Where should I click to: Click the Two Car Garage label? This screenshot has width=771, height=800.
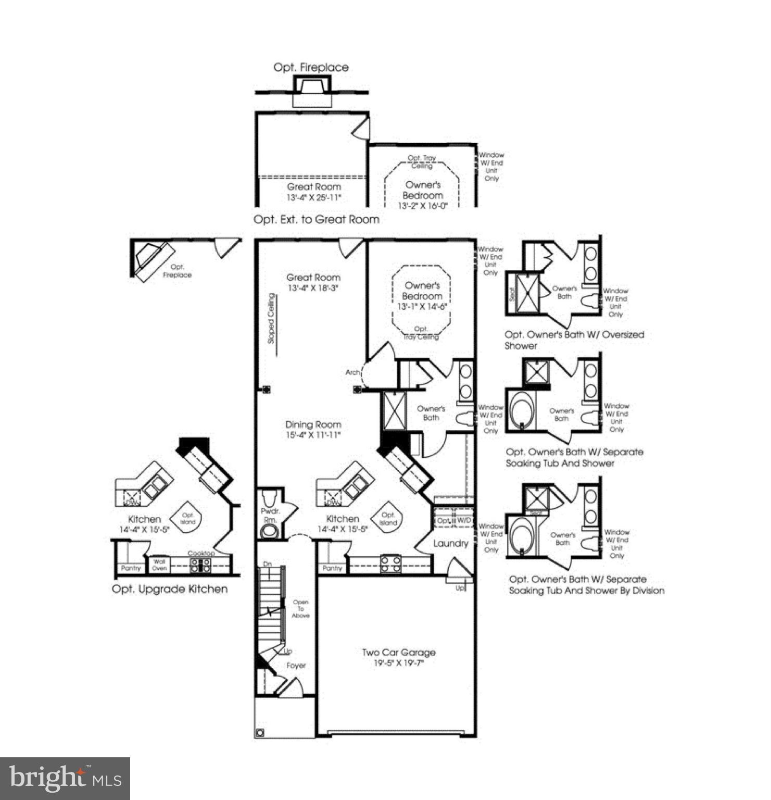[x=398, y=653]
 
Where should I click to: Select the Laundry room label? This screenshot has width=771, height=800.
[x=450, y=543]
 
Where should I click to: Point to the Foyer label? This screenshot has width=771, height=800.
[x=296, y=666]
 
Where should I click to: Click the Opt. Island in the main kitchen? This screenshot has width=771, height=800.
[x=388, y=518]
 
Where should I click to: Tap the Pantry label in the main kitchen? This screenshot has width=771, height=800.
[x=332, y=568]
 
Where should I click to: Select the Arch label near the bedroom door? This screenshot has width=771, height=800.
[x=352, y=372]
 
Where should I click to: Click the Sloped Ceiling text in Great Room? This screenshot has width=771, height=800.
[x=271, y=318]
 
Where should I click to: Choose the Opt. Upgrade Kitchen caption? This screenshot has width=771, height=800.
[x=170, y=589]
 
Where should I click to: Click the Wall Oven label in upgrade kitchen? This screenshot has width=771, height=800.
[x=159, y=565]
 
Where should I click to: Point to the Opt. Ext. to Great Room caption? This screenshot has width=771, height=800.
[x=316, y=219]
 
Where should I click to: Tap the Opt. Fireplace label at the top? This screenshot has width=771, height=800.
[x=311, y=67]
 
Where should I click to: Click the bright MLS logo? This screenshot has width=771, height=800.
[x=65, y=778]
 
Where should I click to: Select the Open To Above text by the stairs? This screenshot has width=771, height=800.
[x=300, y=609]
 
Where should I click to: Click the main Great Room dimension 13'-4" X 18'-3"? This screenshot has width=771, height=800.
[x=313, y=288]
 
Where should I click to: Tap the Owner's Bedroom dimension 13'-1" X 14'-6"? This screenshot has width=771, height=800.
[x=422, y=307]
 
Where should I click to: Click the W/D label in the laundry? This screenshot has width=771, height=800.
[x=464, y=520]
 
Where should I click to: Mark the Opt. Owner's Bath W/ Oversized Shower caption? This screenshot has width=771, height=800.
[x=574, y=340]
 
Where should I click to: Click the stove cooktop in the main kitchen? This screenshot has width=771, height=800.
[x=390, y=564]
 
